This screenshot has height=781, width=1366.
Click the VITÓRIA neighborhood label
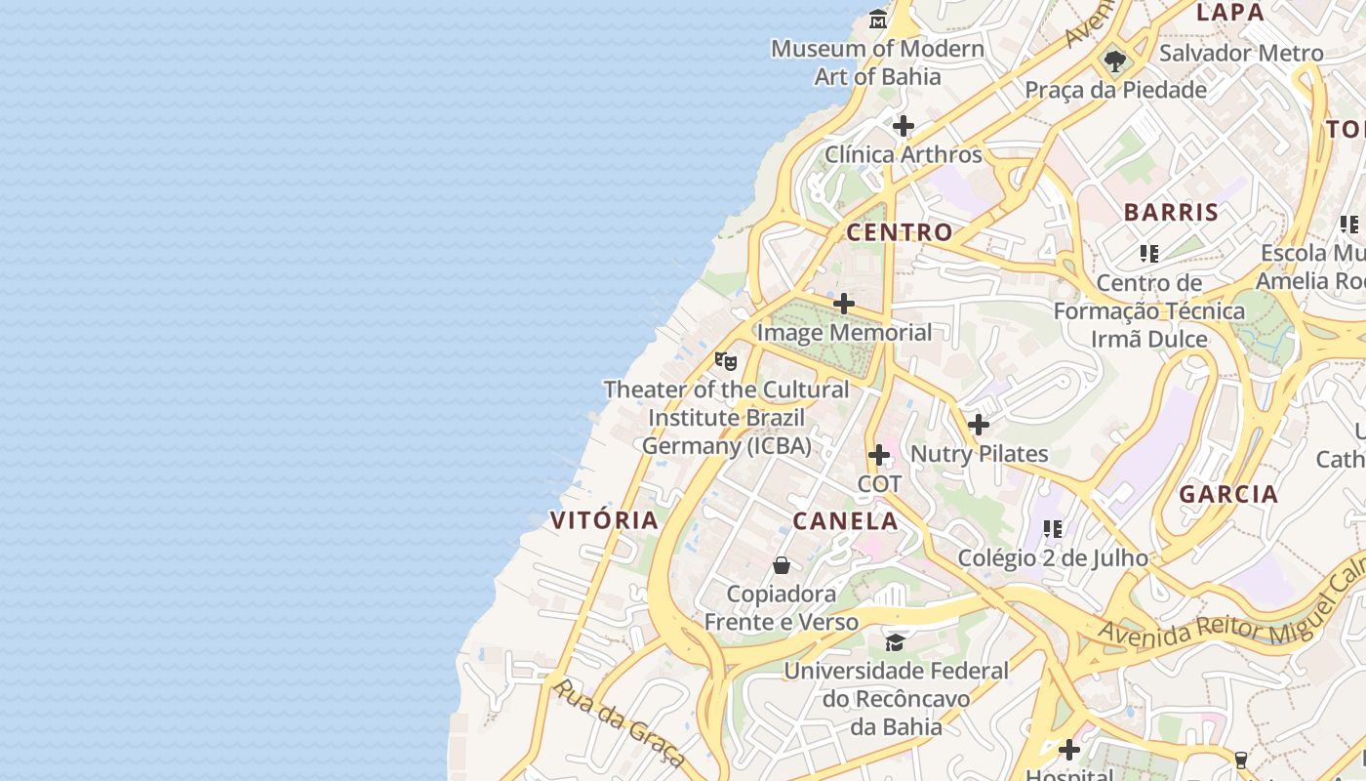(605, 520)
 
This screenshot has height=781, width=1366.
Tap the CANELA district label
(845, 521)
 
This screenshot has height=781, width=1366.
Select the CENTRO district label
(899, 232)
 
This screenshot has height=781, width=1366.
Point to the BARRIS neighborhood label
(1171, 213)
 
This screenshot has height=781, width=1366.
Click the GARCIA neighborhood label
(1228, 494)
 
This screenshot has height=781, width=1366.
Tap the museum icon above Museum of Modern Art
(878, 19)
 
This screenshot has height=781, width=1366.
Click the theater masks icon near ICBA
(725, 361)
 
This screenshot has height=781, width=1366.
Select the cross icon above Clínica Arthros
(904, 126)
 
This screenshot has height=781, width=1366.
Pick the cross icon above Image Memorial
(844, 304)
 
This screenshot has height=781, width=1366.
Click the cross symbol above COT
(879, 455)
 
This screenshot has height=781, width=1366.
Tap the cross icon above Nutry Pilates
(979, 425)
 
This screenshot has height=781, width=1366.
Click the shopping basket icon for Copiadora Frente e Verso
(782, 565)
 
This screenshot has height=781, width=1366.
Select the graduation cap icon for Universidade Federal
(895, 642)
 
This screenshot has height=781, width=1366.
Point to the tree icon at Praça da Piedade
(1115, 62)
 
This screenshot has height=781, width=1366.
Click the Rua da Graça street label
(619, 722)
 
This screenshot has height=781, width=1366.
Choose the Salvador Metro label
(1241, 54)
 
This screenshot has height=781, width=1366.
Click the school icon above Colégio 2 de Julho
(1053, 529)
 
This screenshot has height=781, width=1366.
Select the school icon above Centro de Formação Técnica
(1149, 254)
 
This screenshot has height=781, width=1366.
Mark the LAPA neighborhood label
(1229, 13)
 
